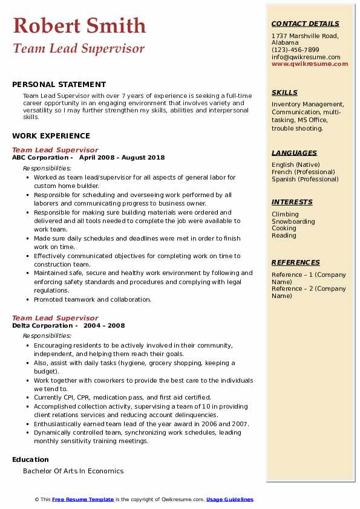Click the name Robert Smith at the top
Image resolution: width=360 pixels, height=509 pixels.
(x=79, y=25)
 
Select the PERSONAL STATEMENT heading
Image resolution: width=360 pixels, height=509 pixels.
(x=59, y=85)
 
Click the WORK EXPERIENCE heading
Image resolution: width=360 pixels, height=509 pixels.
(x=51, y=136)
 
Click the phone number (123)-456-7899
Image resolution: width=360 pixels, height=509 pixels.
(x=295, y=50)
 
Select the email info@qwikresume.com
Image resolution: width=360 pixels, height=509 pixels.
(x=306, y=57)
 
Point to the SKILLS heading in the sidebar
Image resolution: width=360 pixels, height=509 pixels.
(x=284, y=92)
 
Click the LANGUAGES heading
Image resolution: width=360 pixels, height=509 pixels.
(x=294, y=153)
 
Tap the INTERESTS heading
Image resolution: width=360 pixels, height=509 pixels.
(x=292, y=202)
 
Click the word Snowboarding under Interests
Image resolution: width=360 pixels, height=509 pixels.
(x=293, y=221)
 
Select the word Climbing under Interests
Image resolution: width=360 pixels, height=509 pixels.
(x=285, y=214)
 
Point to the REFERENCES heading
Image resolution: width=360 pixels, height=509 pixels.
(x=295, y=262)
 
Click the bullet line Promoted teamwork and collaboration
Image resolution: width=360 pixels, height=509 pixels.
(x=93, y=299)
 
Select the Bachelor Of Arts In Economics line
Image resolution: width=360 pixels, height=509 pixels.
(x=73, y=471)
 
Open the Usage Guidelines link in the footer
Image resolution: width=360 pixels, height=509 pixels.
(x=230, y=499)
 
